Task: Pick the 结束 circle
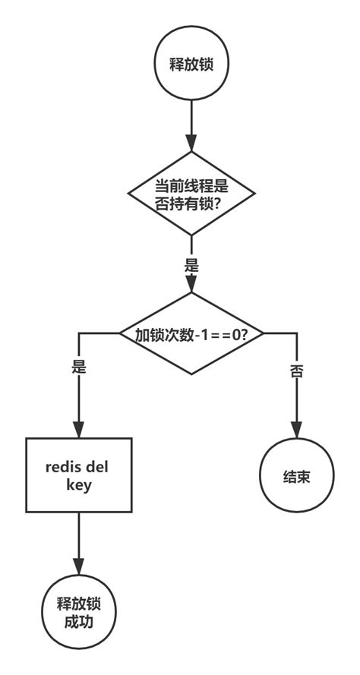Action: click(x=297, y=477)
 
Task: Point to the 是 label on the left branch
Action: click(x=78, y=367)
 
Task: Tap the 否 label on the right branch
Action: click(x=297, y=371)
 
